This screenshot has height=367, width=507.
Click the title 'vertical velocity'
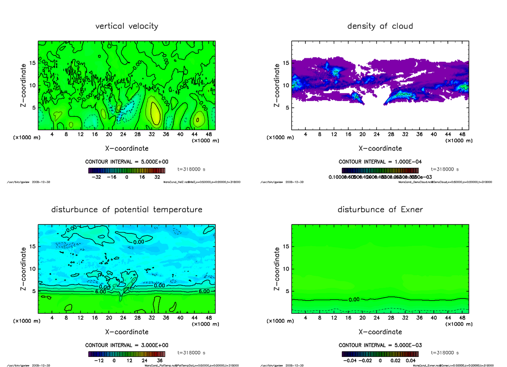pos(127,26)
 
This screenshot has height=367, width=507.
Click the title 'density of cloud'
pos(380,26)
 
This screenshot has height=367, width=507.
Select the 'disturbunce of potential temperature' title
pos(127,210)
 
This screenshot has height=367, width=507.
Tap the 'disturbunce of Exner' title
pos(380,210)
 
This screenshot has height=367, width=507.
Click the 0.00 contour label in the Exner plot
pos(354,300)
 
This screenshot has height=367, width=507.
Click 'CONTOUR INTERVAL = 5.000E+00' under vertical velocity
pos(127,162)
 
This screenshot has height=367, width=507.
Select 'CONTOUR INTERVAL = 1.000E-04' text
pos(380,162)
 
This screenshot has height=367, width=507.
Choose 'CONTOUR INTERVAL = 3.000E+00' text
pos(127,345)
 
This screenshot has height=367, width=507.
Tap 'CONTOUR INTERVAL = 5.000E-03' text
pos(380,345)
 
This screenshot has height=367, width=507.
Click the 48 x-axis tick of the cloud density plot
pos(462,134)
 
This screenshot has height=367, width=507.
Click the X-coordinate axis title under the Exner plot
pos(380,332)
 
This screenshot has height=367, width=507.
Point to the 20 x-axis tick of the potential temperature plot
pos(109,318)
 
